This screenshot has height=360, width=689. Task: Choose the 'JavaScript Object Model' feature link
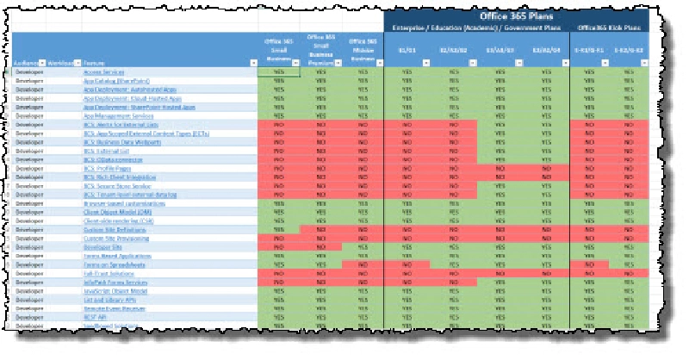[111, 294]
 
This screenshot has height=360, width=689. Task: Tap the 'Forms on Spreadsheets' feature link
[109, 266]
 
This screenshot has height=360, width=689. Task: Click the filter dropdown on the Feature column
[251, 64]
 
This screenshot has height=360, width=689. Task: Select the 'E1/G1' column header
[407, 50]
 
